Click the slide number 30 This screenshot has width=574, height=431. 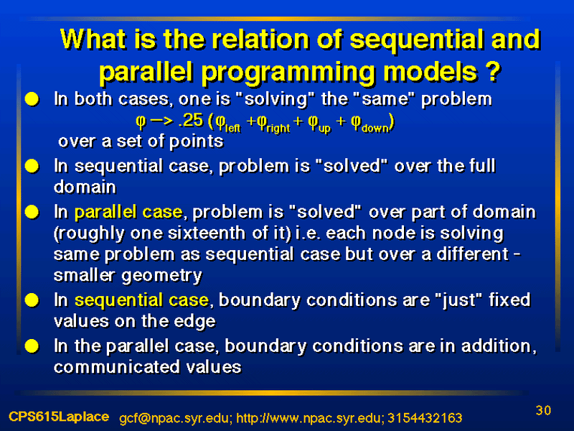(x=543, y=410)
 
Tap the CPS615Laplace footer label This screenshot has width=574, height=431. (x=59, y=417)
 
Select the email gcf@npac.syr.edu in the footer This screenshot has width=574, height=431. (x=175, y=418)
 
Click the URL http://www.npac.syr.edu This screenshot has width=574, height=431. (x=310, y=418)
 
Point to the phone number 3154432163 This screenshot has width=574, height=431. (x=425, y=418)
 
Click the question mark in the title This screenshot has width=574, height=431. (x=494, y=71)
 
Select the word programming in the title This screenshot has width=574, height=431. (x=289, y=73)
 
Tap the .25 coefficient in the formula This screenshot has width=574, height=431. (x=190, y=120)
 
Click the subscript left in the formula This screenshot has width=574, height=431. (x=232, y=128)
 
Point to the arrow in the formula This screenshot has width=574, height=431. (x=161, y=121)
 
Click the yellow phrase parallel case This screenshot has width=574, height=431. (x=128, y=212)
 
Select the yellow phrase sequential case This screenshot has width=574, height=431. (x=141, y=300)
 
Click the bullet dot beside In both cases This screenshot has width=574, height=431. (x=32, y=99)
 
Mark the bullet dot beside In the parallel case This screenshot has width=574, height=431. (x=32, y=346)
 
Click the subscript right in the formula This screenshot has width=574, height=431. (x=278, y=129)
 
